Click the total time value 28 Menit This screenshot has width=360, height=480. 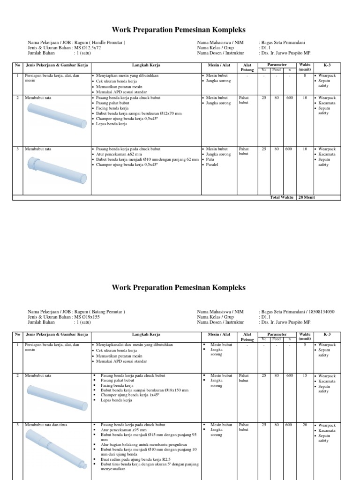click(x=307, y=197)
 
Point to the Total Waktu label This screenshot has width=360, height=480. click(x=282, y=197)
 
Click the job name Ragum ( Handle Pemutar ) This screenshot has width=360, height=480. click(x=100, y=43)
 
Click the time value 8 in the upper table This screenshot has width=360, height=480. click(x=305, y=75)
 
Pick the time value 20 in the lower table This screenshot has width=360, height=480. click(x=305, y=425)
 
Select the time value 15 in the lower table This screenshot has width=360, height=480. click(x=305, y=376)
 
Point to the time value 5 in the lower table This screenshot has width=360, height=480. click(x=305, y=345)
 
